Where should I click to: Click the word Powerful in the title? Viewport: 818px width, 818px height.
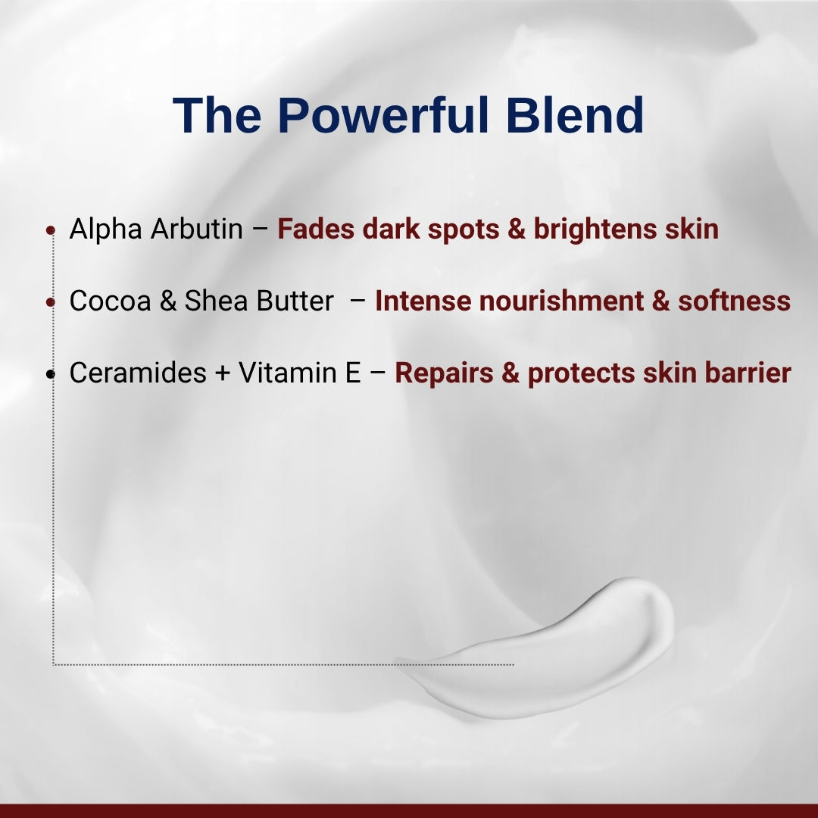(385, 115)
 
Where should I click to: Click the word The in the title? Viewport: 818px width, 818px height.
(218, 115)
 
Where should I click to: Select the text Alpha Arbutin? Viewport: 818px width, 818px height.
(156, 229)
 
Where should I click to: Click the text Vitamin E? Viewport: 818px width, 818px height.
(300, 373)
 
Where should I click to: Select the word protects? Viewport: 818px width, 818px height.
(581, 373)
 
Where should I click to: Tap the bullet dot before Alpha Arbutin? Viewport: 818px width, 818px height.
(51, 229)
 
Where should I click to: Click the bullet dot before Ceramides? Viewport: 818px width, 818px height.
(51, 374)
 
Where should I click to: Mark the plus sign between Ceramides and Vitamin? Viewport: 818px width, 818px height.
(223, 374)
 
